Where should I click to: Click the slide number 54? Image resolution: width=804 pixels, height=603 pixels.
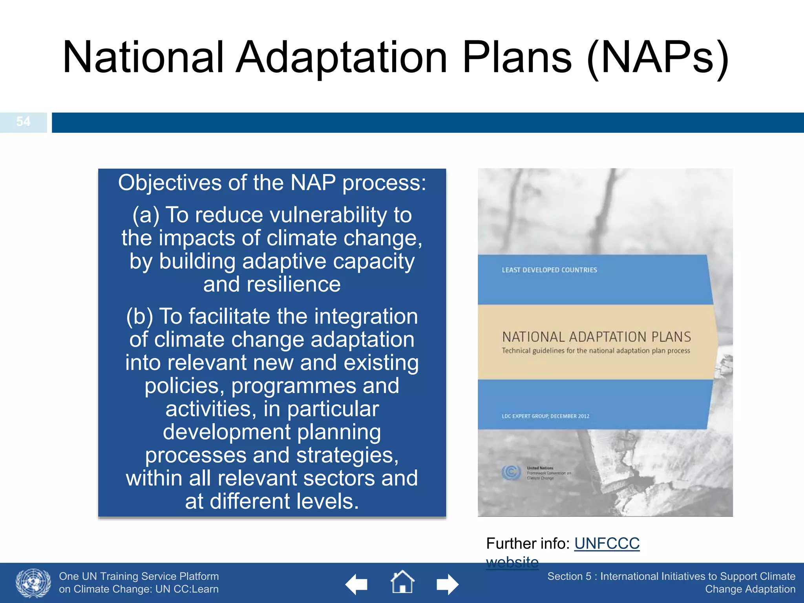(x=23, y=121)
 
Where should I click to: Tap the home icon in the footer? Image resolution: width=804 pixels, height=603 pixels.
(x=402, y=582)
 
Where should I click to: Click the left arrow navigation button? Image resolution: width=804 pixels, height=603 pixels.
(x=356, y=585)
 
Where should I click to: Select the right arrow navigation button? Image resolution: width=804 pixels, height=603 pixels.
(x=448, y=585)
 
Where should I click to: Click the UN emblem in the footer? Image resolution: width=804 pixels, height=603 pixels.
(x=33, y=583)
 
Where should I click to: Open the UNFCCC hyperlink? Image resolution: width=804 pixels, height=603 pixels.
(x=607, y=544)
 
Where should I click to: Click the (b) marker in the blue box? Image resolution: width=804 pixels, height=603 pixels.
(x=139, y=316)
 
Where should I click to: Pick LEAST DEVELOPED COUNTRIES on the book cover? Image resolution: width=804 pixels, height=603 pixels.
(x=549, y=270)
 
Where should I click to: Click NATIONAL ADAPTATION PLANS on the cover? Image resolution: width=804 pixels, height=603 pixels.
(x=596, y=337)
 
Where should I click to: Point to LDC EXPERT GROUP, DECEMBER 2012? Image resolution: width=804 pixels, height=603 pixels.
(x=545, y=416)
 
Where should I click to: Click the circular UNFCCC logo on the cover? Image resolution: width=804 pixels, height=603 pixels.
(x=511, y=472)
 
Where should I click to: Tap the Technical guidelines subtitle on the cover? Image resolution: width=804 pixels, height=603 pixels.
(x=596, y=351)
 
